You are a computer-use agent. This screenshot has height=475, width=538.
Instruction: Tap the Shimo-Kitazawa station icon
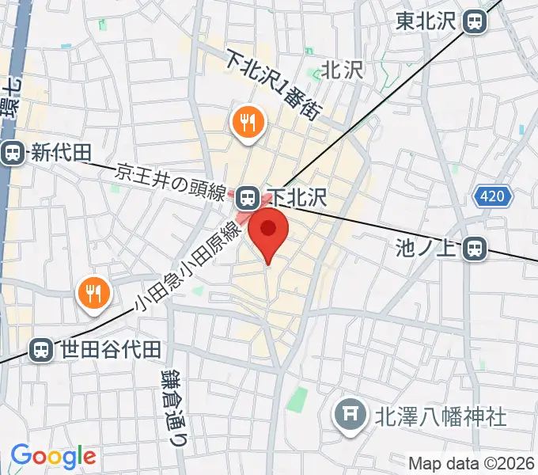[248, 196]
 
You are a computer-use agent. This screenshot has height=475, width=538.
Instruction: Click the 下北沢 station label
[297, 196]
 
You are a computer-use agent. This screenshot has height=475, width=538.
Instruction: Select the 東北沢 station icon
[475, 21]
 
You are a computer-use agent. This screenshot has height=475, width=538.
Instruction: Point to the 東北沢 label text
[427, 21]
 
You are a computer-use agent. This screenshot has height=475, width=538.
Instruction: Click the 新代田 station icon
[13, 152]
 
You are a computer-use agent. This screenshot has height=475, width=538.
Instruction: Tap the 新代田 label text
[61, 153]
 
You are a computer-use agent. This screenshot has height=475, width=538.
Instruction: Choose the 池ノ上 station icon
[475, 249]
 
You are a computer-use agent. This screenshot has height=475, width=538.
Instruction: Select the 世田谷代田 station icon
[40, 348]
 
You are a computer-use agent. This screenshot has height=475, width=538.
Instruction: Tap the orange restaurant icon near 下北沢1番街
[248, 123]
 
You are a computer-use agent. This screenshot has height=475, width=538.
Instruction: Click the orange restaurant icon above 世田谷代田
[93, 294]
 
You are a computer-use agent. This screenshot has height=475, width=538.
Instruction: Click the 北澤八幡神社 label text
[441, 415]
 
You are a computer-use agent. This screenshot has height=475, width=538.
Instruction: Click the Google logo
[53, 456]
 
